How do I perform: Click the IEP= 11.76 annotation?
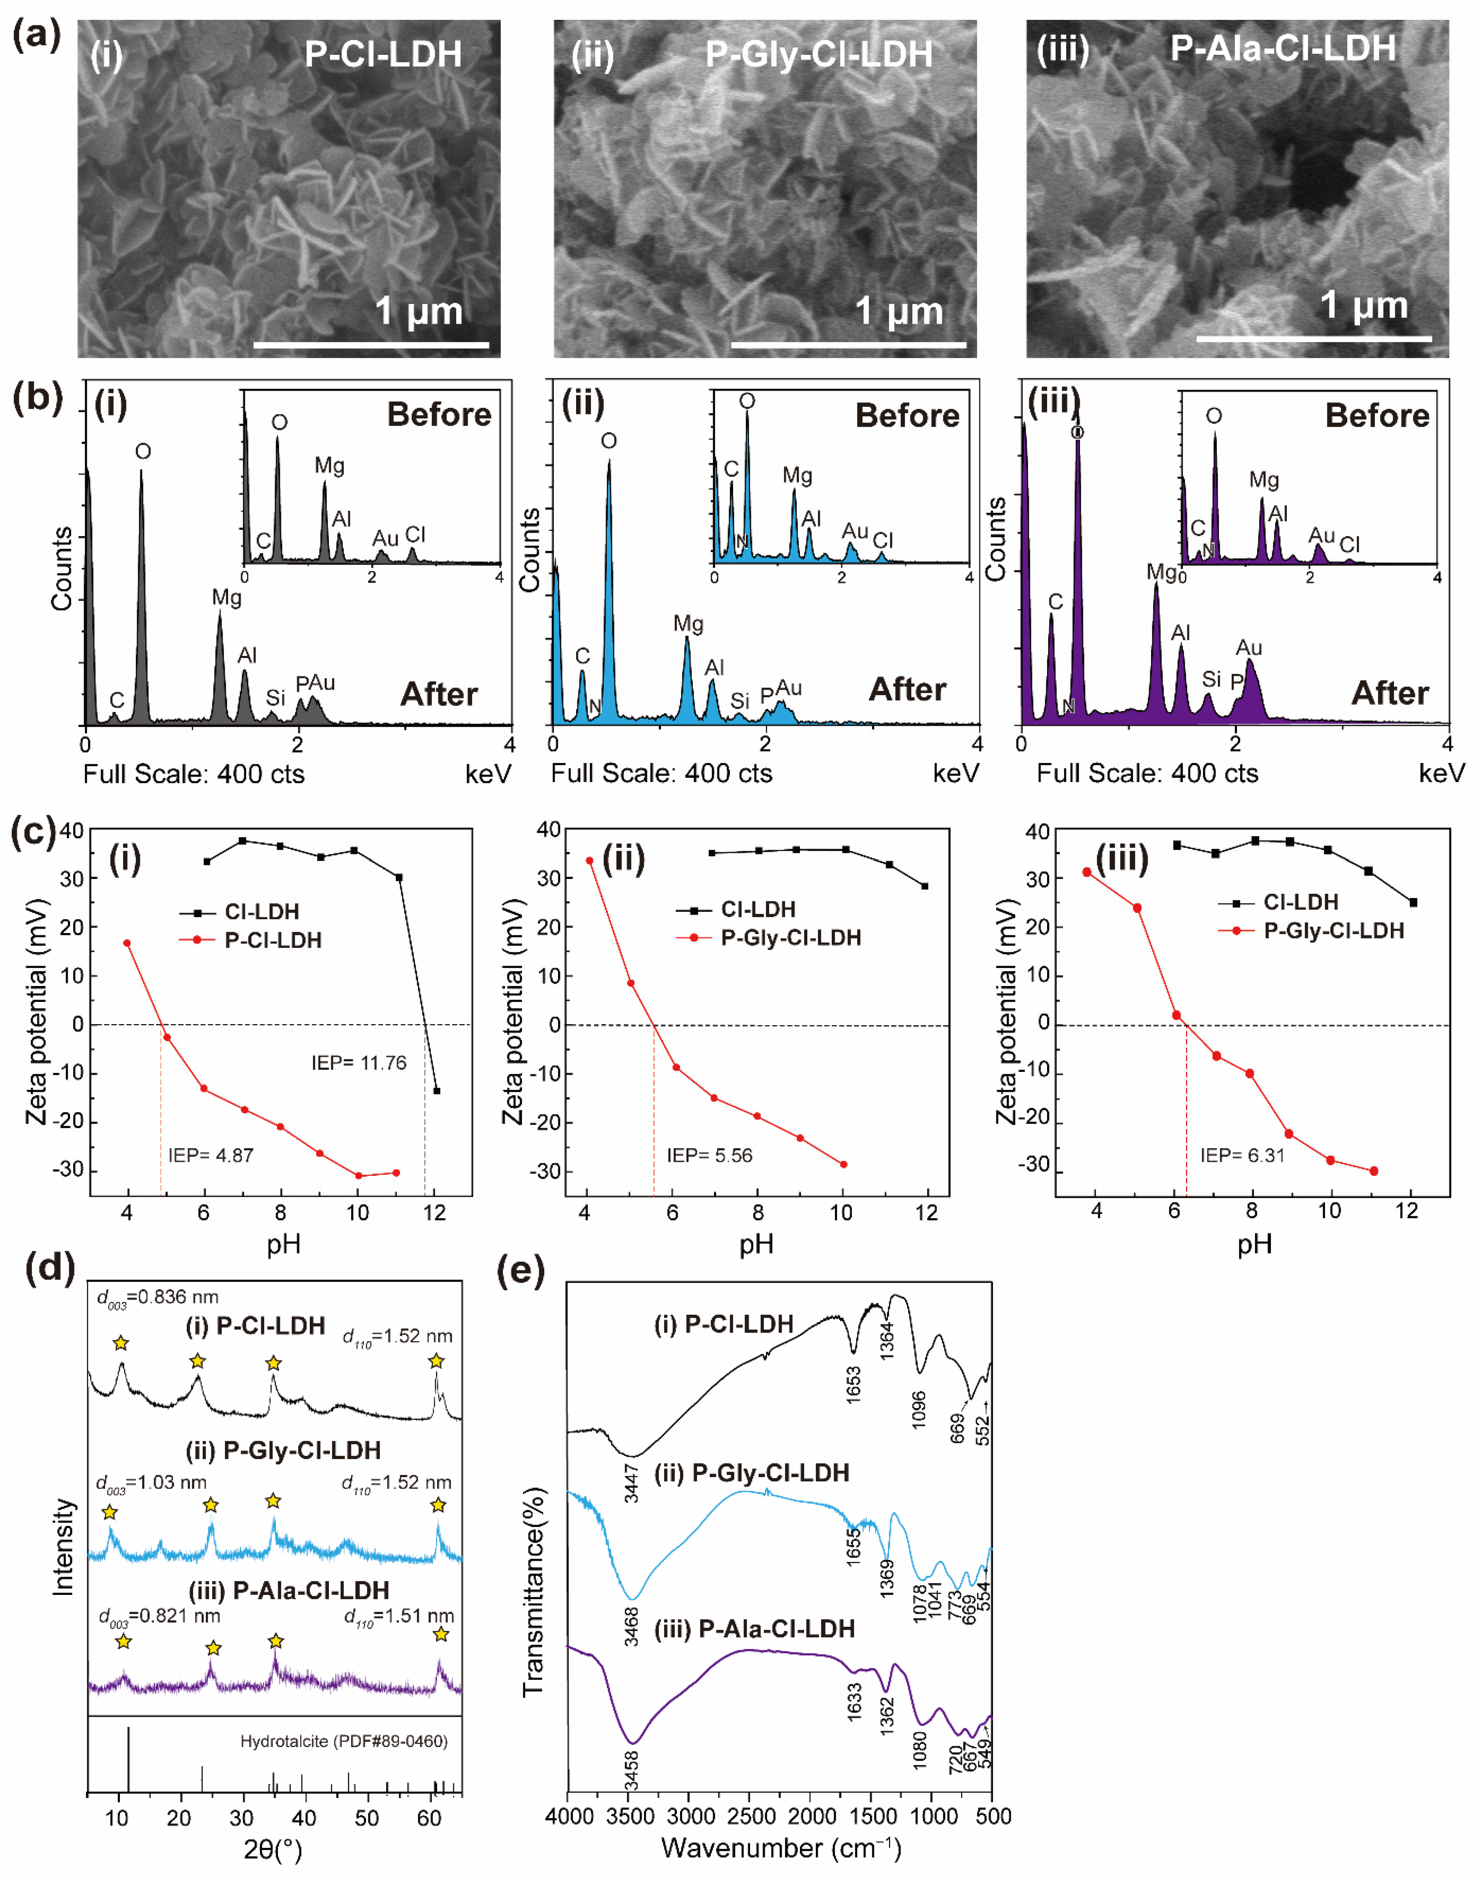[358, 1063]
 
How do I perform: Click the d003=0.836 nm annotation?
[156, 1298]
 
